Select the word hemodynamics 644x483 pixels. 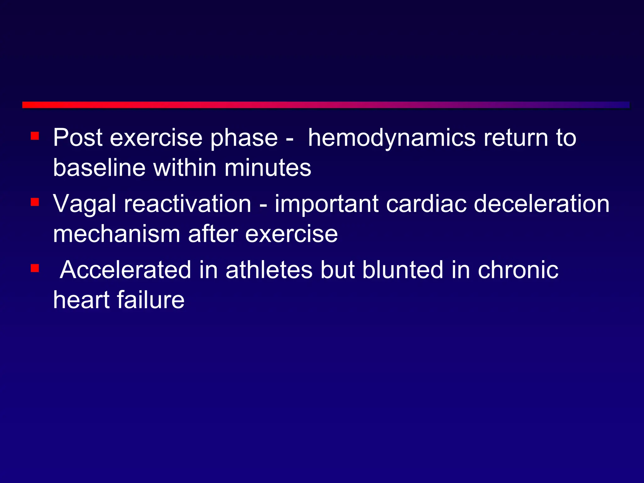tap(391, 138)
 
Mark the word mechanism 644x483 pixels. tap(116, 234)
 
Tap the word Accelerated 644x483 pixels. tap(125, 270)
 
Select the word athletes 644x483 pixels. tap(269, 270)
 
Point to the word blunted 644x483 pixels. tap(402, 270)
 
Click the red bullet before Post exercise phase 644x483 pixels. tap(35, 136)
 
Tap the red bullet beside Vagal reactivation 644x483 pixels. tap(35, 202)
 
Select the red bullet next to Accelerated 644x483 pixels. tap(35, 268)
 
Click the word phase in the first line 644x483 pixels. tap(244, 138)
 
